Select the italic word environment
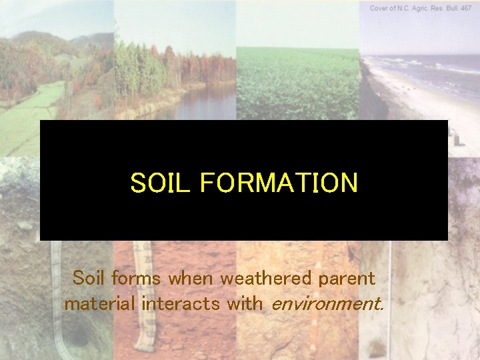tap(325, 305)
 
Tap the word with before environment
tap(245, 305)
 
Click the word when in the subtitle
tap(192, 277)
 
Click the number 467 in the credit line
tap(466, 7)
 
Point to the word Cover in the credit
tap(381, 7)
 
